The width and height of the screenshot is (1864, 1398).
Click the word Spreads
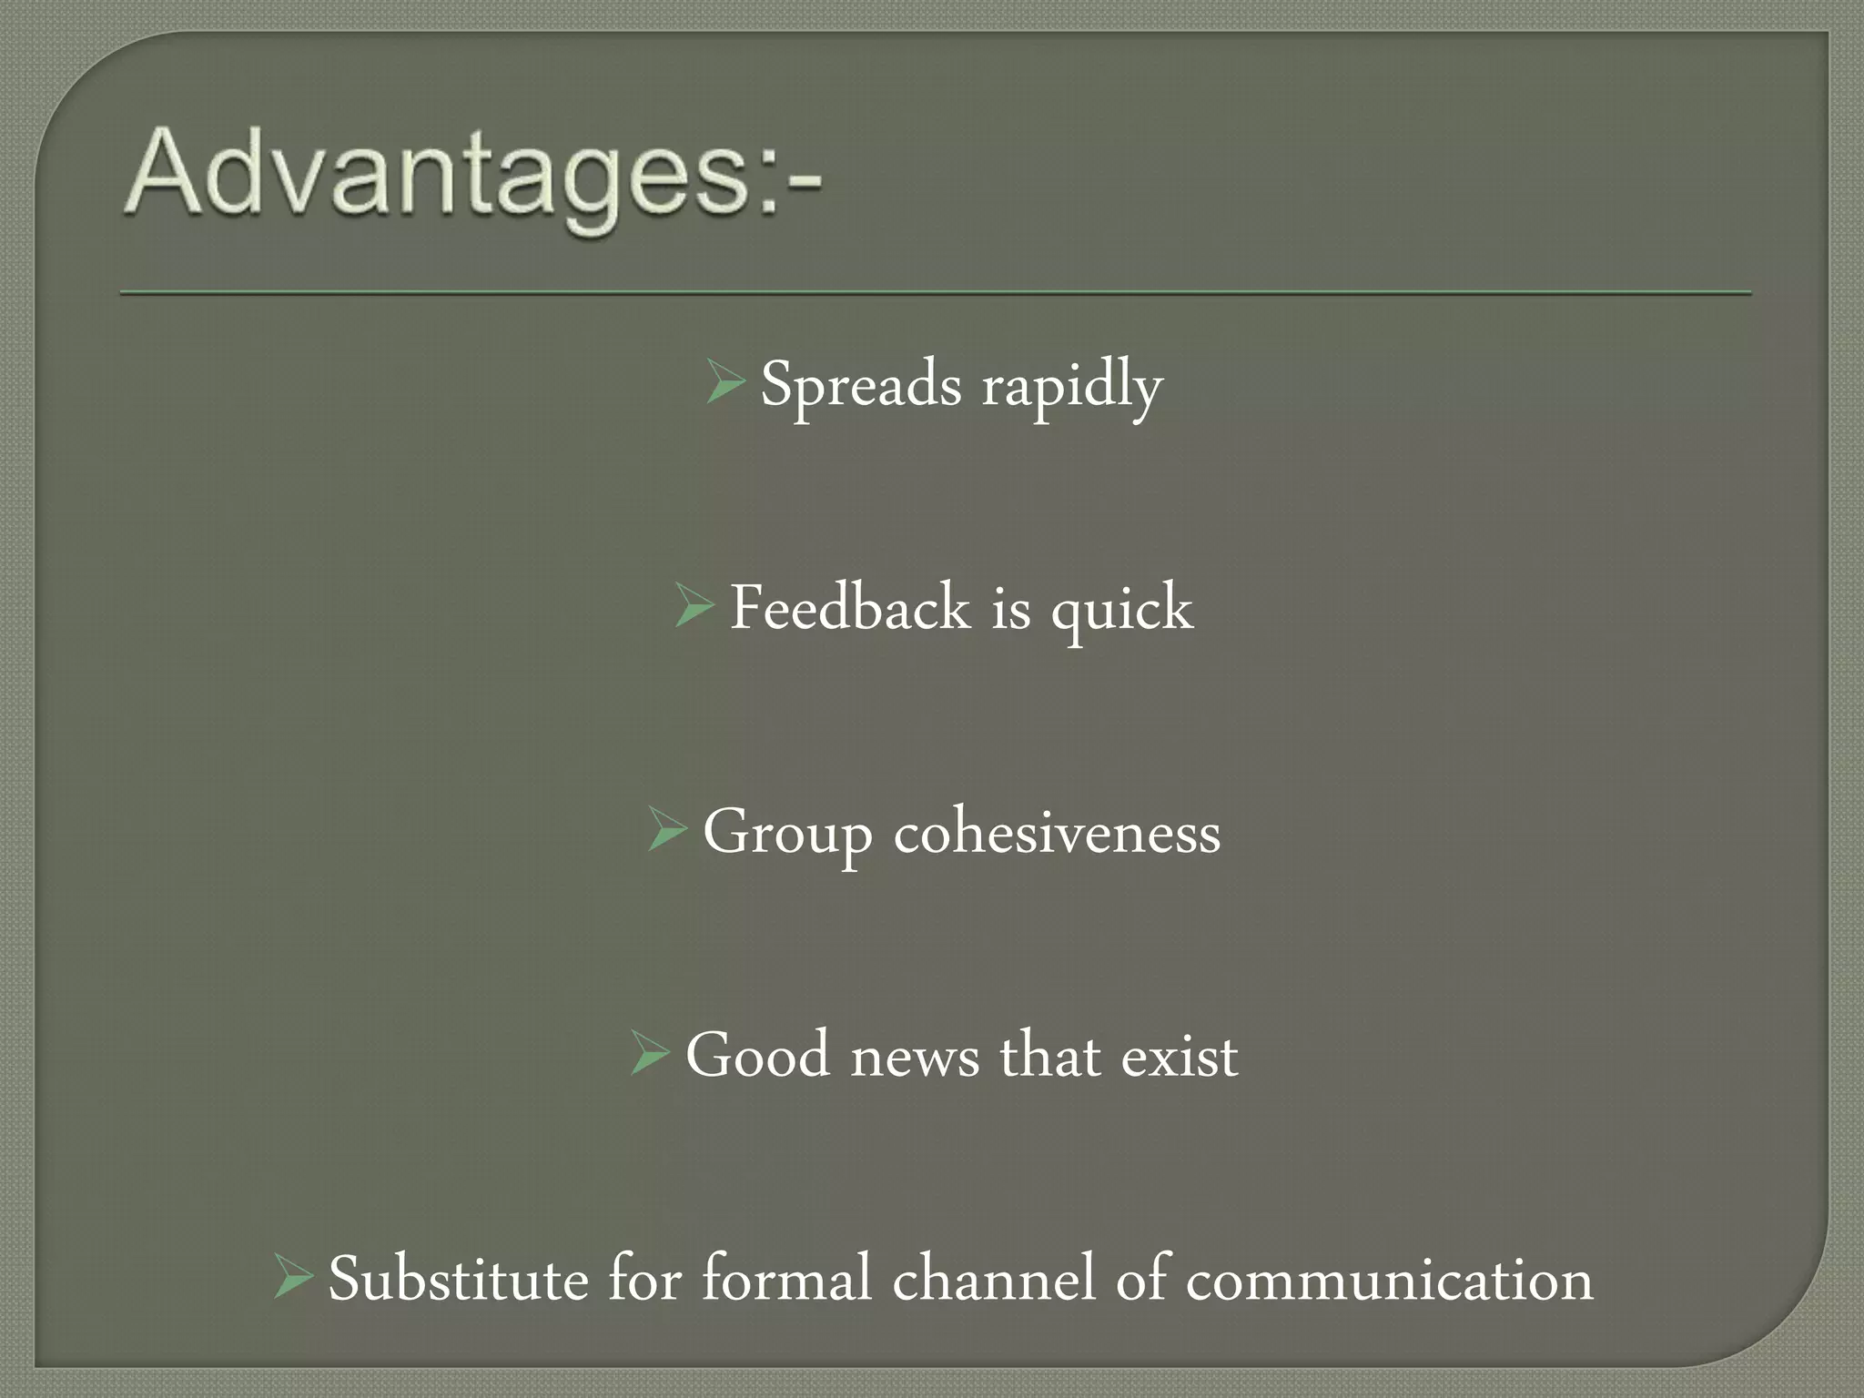coord(860,384)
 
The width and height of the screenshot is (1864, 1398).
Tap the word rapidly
coord(1071,388)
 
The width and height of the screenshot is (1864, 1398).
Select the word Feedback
coord(850,607)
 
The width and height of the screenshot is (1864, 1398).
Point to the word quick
coord(1121,609)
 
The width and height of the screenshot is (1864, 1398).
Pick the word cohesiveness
coord(1057,832)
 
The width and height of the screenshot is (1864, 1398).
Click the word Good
coord(757,1056)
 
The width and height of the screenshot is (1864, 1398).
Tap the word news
coord(915,1058)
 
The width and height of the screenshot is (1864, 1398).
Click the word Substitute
coord(458,1279)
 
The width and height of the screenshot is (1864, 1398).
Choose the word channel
coord(993,1279)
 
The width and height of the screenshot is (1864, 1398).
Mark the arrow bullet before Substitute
coord(293,1277)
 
